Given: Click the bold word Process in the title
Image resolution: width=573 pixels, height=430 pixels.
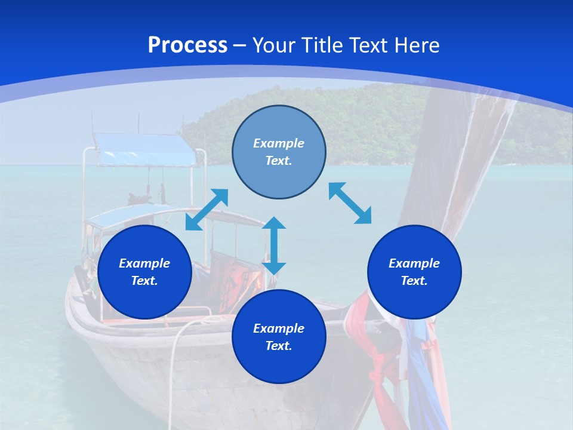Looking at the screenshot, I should click(187, 45).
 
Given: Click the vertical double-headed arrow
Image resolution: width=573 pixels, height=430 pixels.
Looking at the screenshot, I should click(274, 245).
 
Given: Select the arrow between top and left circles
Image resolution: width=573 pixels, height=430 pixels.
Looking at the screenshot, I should click(207, 210).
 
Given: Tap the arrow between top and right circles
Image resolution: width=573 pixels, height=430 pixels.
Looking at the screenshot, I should click(350, 203).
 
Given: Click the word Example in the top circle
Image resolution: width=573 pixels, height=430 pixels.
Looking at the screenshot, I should click(279, 143).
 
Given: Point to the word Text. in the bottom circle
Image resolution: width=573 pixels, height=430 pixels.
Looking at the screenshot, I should click(279, 346).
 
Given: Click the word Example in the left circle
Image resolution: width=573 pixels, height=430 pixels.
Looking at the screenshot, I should click(144, 263).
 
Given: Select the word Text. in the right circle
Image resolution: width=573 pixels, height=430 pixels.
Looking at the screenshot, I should click(414, 281).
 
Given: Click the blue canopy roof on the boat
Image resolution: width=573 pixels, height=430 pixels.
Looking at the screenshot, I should click(146, 149).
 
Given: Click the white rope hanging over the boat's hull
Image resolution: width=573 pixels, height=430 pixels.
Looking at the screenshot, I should click(174, 358).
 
